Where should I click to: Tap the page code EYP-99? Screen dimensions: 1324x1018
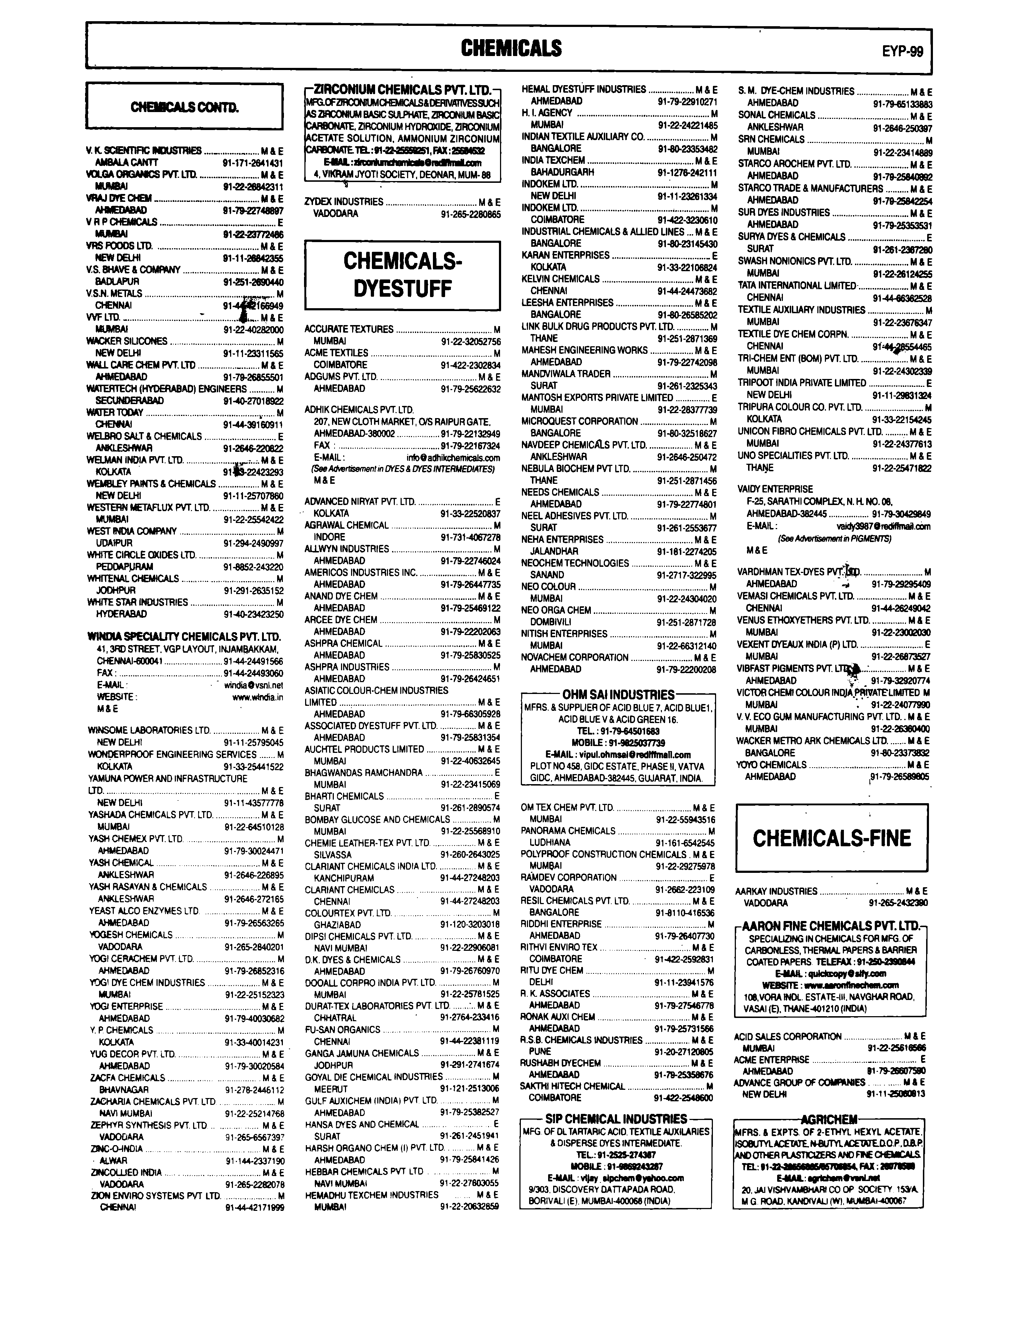click(902, 51)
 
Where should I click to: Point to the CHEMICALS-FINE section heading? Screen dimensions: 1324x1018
click(831, 838)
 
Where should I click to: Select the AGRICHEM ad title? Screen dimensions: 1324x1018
click(829, 1119)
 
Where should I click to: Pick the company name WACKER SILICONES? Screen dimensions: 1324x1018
click(127, 341)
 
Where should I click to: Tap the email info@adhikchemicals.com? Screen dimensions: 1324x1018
click(453, 458)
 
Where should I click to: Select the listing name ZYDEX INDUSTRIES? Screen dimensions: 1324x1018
click(344, 201)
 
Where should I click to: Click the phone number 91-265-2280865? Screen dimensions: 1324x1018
click(470, 213)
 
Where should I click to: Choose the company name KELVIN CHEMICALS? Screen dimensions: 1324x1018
click(560, 279)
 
